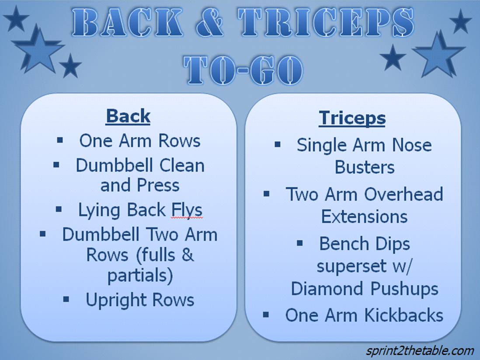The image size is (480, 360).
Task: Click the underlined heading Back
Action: (128, 116)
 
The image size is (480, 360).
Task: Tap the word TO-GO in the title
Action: (244, 70)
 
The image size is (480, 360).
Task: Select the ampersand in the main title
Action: (210, 22)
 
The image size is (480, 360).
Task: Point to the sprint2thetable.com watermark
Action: (420, 350)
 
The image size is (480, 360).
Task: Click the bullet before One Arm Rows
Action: (60, 140)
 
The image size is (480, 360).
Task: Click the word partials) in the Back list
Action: (140, 276)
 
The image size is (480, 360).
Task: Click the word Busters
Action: (365, 167)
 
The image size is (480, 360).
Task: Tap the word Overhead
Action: (403, 194)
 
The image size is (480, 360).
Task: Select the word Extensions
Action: (364, 217)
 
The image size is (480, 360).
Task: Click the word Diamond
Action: (328, 289)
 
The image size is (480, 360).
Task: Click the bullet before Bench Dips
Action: (300, 244)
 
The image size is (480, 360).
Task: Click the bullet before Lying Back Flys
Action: (59, 210)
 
